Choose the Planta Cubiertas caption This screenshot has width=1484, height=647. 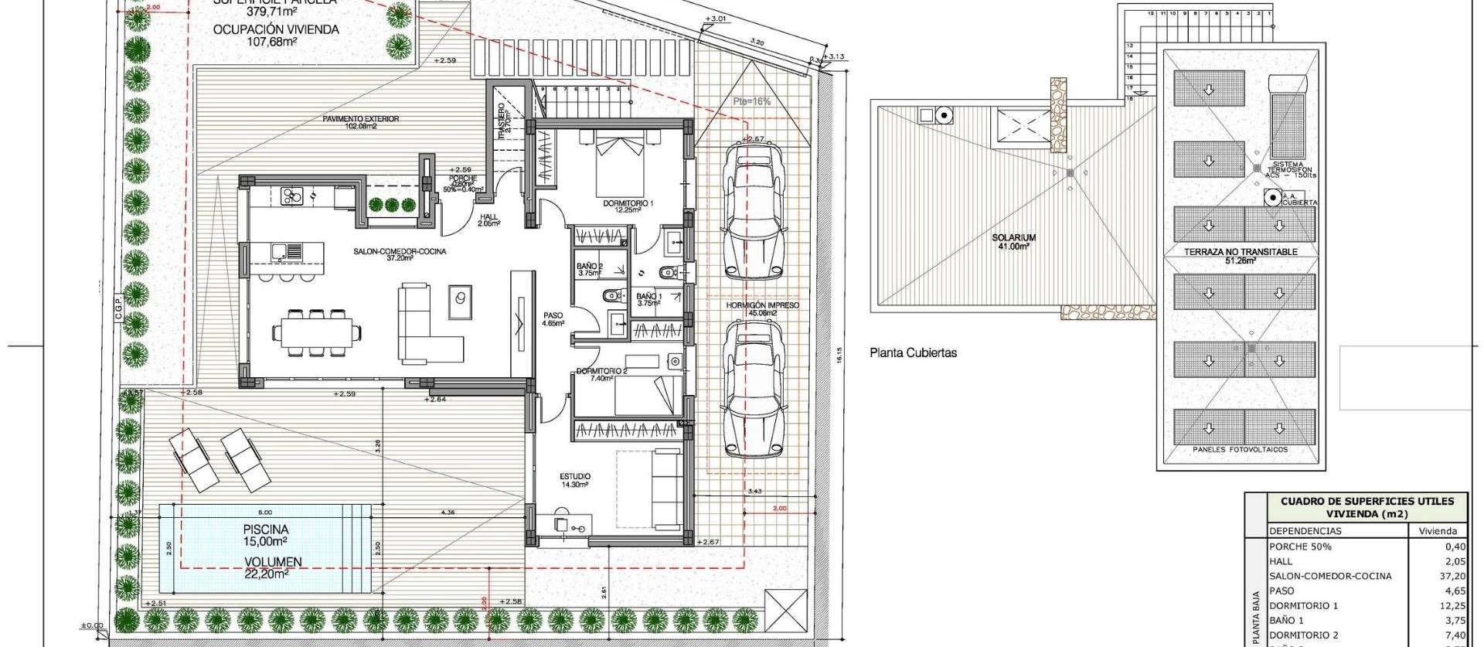point(913,352)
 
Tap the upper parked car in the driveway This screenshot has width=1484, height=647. point(753,213)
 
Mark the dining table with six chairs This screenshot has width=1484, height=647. point(317,333)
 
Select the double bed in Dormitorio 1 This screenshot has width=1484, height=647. point(620,165)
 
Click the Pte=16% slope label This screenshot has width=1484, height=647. point(752,101)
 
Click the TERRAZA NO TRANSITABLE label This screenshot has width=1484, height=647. point(1241,252)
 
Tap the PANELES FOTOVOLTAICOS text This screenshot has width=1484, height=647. point(1241,450)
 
